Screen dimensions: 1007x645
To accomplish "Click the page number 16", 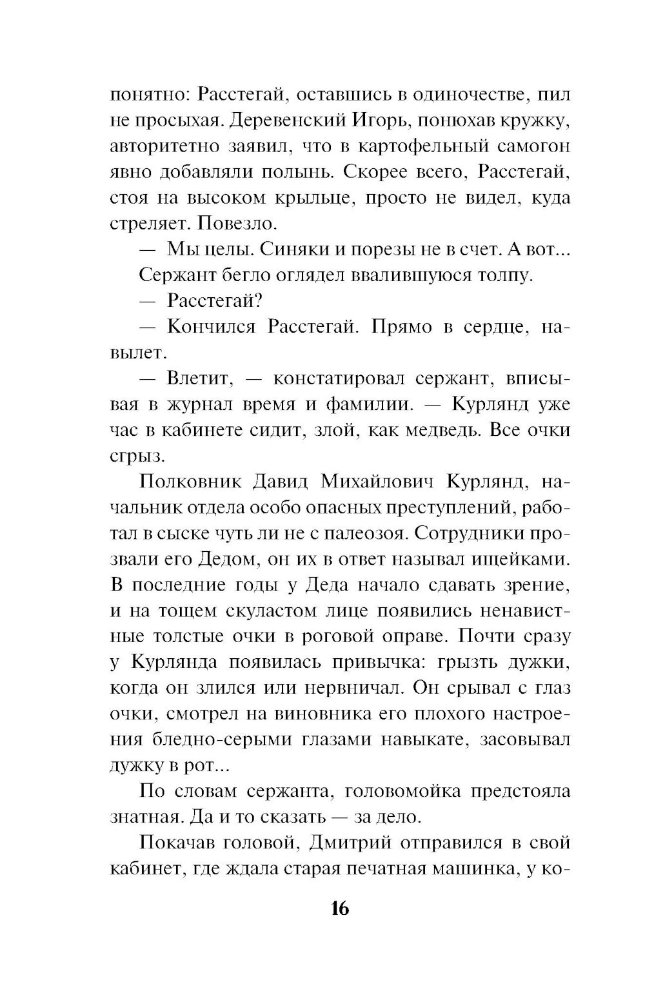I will pyautogui.click(x=339, y=909).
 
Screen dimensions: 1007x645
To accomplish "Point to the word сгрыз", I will pyautogui.click(x=130, y=456).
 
